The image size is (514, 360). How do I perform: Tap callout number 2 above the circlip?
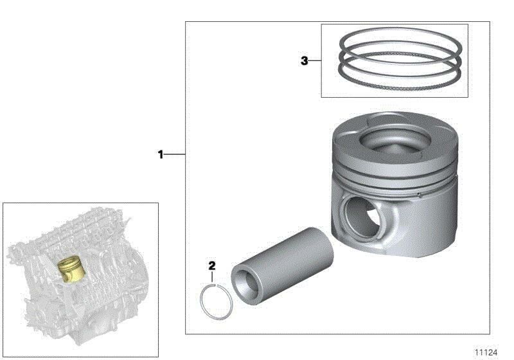212,265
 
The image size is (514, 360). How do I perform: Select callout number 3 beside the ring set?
305,61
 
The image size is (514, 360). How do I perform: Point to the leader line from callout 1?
175,154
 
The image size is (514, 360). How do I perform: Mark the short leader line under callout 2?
213,277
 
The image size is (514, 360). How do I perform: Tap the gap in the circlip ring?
214,284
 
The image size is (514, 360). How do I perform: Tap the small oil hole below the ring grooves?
417,192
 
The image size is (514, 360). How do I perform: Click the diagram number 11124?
486,352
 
